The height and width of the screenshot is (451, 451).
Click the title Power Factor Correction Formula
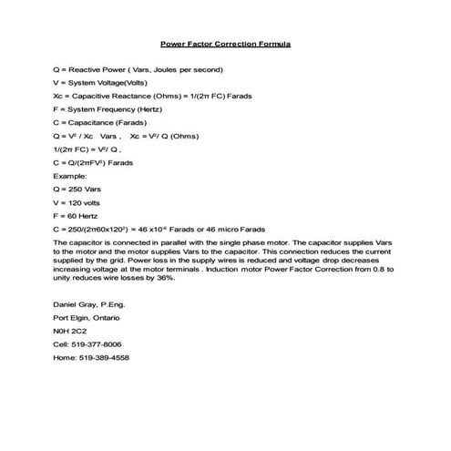pos(225,43)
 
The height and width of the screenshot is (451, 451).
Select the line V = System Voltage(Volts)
pos(101,82)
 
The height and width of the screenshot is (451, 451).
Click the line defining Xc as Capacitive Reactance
pos(146,96)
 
